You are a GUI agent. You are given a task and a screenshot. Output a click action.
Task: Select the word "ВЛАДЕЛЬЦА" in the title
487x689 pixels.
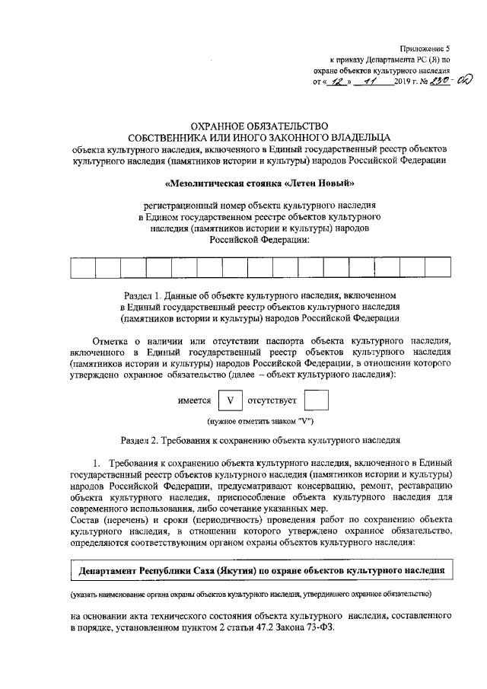pyautogui.click(x=355, y=137)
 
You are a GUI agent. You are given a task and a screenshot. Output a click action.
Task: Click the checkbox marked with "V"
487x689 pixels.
pyautogui.click(x=231, y=400)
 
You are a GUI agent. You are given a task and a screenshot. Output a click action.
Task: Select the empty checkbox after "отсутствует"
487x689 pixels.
pyautogui.click(x=315, y=400)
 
